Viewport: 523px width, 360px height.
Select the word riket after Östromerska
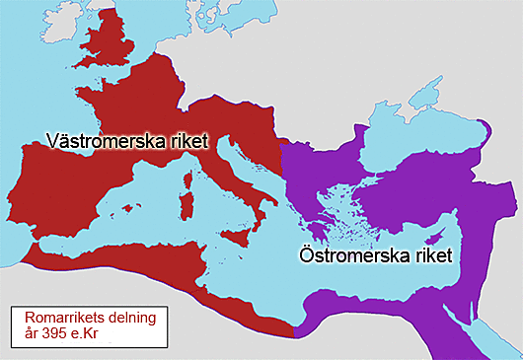(x=430, y=255)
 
